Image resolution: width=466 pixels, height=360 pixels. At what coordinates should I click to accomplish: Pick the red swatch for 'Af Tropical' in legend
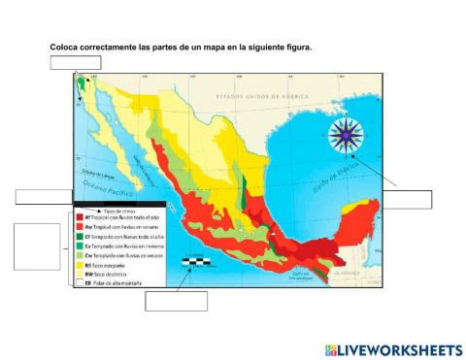(x=79, y=219)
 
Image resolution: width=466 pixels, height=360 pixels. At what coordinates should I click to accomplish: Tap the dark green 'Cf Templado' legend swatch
(x=79, y=237)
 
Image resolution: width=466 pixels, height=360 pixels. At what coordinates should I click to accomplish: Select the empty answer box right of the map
(x=407, y=199)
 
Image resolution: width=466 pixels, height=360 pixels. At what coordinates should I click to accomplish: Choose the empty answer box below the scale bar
(x=176, y=301)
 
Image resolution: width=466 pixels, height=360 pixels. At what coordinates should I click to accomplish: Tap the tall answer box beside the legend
(x=37, y=247)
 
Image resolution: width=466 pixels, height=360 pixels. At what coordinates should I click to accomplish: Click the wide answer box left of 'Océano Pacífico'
(x=44, y=198)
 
